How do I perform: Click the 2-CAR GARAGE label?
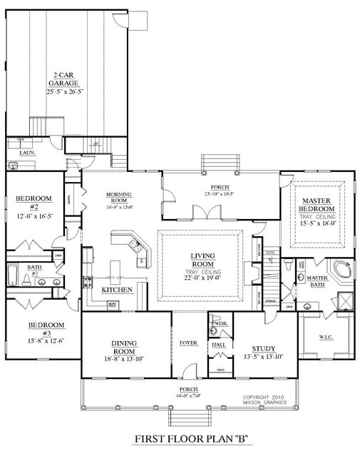click(64, 78)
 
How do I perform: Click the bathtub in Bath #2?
click(15, 275)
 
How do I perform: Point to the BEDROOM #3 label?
click(46, 329)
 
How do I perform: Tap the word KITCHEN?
click(116, 290)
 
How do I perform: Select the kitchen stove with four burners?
click(87, 280)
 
